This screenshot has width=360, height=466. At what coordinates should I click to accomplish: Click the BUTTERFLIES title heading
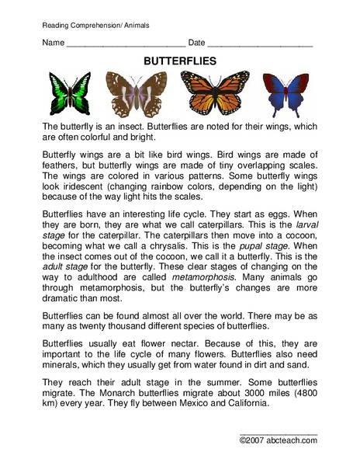pos(179,59)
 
